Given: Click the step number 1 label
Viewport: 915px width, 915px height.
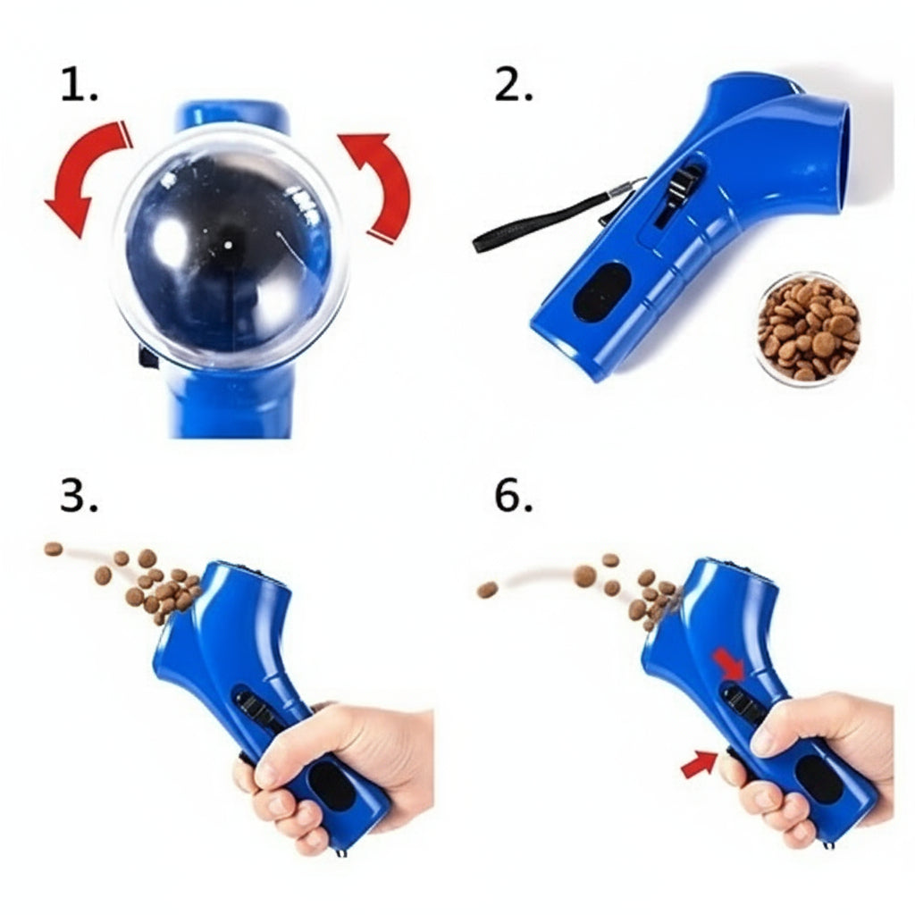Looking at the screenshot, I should [79, 86].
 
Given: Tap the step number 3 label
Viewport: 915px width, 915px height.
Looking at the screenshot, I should [79, 496].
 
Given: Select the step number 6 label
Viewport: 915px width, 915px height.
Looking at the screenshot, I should [513, 496].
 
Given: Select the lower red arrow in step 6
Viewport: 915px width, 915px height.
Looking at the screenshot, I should [699, 764].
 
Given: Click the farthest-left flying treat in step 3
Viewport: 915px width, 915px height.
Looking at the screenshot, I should [54, 549].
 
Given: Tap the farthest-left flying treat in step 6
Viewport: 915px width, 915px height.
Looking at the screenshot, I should [488, 590].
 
